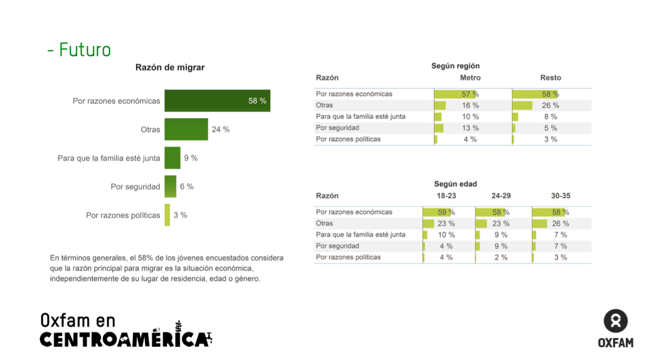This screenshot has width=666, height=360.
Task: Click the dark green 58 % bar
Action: point(217,101)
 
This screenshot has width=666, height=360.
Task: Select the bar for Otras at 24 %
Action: point(186,130)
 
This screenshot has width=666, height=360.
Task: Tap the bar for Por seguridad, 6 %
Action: point(170,186)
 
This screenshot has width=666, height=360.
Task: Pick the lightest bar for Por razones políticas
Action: point(167,215)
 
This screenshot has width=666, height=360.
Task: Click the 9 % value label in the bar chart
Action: point(191,158)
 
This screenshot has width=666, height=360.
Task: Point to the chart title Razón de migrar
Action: point(170,67)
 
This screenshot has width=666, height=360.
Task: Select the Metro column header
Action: point(470,78)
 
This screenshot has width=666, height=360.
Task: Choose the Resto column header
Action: point(550,78)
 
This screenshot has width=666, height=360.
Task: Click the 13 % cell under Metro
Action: point(470,128)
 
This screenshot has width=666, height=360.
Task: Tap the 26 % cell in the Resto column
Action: point(550,105)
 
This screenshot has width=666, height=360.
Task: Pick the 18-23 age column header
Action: point(446,196)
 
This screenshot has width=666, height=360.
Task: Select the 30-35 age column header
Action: point(560,196)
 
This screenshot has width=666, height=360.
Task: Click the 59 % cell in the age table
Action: point(445,212)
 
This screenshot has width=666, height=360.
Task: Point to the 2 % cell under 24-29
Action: point(501,257)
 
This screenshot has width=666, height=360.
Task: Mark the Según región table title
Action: point(455,66)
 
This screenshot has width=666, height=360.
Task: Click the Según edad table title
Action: point(455,184)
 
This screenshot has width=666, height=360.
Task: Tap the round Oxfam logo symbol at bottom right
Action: point(615,321)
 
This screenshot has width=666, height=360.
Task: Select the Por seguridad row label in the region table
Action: point(337,128)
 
